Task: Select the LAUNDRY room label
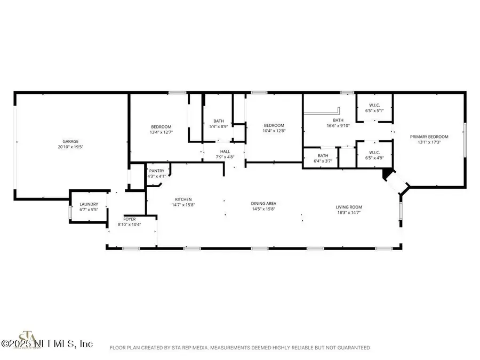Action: [x=89, y=204]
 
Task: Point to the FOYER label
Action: [x=129, y=219]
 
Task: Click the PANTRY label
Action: [x=156, y=171]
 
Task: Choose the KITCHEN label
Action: [x=181, y=199]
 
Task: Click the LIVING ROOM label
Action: [x=349, y=207]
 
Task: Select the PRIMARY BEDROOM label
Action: [x=429, y=137]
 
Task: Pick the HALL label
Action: [x=225, y=151]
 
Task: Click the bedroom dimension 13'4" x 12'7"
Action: [x=161, y=132]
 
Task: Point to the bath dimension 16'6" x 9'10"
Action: [x=339, y=126]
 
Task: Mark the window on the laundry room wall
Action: [x=70, y=212]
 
